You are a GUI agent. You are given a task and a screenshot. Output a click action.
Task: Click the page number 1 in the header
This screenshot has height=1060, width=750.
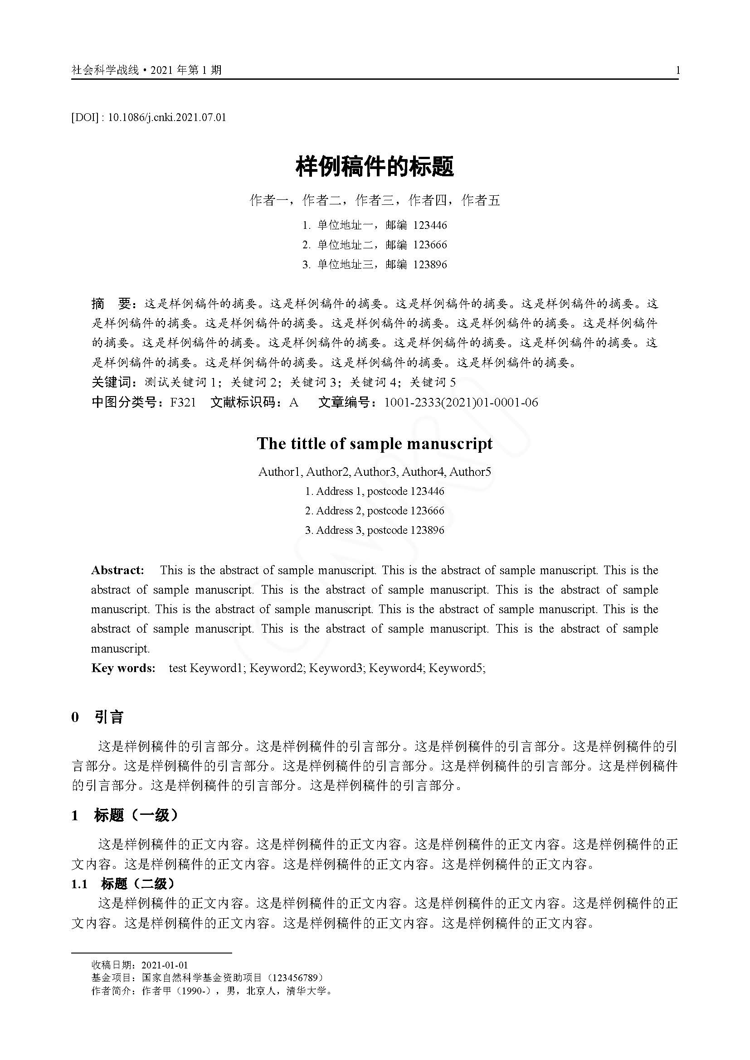(677, 70)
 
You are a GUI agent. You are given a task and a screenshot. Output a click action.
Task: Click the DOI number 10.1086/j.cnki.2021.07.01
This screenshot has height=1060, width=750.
(167, 117)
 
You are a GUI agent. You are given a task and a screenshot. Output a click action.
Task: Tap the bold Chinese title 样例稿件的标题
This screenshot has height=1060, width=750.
(375, 167)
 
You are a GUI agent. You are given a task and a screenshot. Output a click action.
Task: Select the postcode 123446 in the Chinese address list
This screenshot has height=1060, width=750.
(430, 225)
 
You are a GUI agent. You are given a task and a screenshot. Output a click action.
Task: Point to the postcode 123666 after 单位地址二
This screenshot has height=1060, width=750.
(430, 245)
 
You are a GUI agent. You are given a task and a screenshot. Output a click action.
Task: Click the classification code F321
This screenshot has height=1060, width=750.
(183, 402)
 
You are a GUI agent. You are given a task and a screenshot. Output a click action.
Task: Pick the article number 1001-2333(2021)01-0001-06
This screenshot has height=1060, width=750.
(461, 402)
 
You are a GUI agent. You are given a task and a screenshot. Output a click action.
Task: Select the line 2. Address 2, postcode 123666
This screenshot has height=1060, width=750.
(375, 511)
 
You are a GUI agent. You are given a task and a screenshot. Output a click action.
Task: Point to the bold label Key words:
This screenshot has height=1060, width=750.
(123, 668)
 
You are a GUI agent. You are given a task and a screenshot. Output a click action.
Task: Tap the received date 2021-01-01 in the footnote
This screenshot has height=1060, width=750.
(165, 965)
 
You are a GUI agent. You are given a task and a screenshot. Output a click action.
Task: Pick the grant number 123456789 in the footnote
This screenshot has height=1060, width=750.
(296, 978)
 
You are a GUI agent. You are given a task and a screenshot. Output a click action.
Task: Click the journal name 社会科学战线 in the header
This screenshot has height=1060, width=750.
(105, 70)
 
